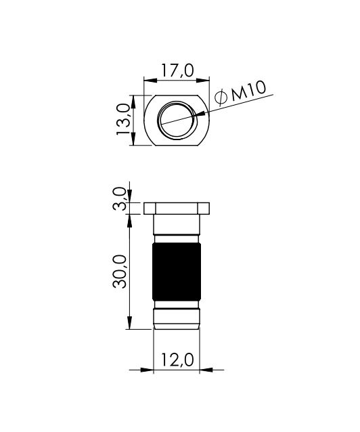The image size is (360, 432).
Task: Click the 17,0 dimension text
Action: pyautogui.click(x=177, y=70)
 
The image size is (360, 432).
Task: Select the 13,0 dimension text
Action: pyautogui.click(x=123, y=119)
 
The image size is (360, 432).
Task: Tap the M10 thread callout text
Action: pyautogui.click(x=248, y=91)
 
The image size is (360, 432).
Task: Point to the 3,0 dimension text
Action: pyautogui.click(x=119, y=198)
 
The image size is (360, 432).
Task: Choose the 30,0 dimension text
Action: pyautogui.click(x=120, y=272)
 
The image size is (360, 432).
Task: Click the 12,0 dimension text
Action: pyautogui.click(x=177, y=360)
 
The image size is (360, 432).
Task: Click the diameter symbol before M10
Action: pyautogui.click(x=221, y=98)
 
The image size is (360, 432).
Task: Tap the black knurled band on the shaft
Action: pyautogui.click(x=177, y=272)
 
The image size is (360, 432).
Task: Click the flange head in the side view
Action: pyautogui.click(x=177, y=209)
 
